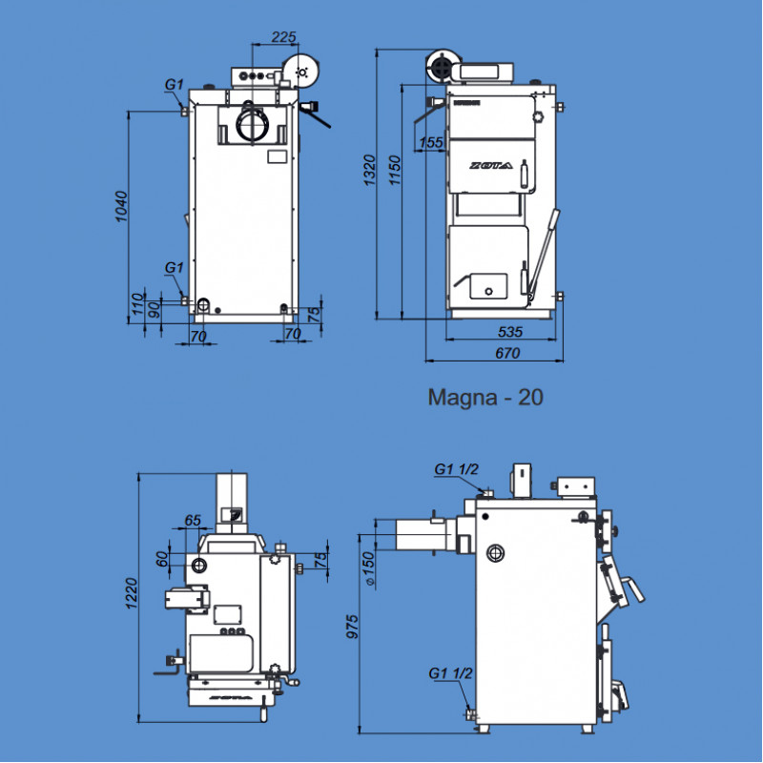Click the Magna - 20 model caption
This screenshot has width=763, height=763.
pyautogui.click(x=485, y=397)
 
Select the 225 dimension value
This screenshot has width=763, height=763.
pyautogui.click(x=283, y=37)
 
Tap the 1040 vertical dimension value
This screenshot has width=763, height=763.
pyautogui.click(x=121, y=208)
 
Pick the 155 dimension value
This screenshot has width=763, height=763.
pyautogui.click(x=432, y=142)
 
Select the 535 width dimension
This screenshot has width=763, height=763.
pyautogui.click(x=511, y=332)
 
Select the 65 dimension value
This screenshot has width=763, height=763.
pyautogui.click(x=193, y=520)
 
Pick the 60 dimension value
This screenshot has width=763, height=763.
pyautogui.click(x=161, y=558)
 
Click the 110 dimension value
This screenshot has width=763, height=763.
pyautogui.click(x=136, y=304)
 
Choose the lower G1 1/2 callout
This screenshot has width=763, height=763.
pyautogui.click(x=451, y=673)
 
